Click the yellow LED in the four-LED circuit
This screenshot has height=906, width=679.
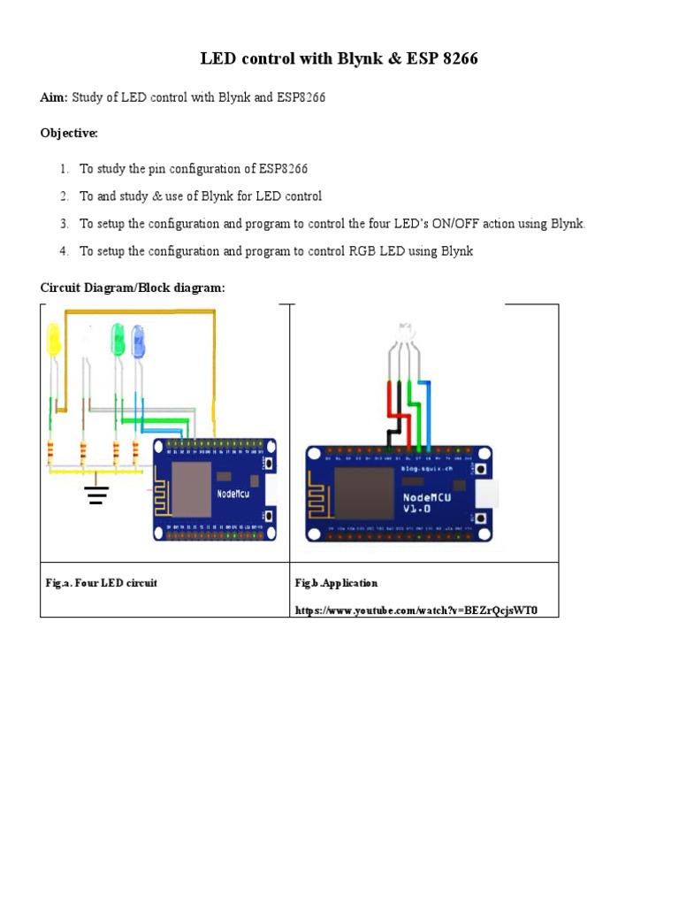pos(53,340)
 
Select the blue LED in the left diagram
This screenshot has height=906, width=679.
pos(138,342)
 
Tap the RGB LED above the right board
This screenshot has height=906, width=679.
pos(406,334)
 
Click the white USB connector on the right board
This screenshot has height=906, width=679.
pos(486,494)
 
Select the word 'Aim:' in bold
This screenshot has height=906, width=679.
pos(54,97)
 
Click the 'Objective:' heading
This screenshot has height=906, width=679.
pos(70,133)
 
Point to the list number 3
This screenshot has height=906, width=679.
pos(64,224)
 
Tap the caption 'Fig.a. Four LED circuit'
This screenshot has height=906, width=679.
pos(102,583)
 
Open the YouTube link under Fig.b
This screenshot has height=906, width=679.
pos(416,610)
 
